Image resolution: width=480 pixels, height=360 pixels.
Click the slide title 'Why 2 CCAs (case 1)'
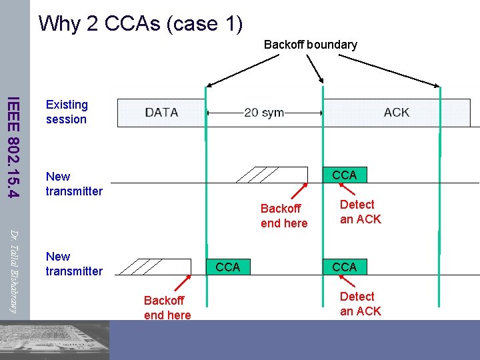tap(140, 23)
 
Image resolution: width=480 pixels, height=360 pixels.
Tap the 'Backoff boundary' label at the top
tap(310, 45)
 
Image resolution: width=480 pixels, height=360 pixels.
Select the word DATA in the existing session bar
tap(161, 112)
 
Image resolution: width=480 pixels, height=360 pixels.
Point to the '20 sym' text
tap(264, 113)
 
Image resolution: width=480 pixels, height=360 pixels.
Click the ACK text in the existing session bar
tap(396, 112)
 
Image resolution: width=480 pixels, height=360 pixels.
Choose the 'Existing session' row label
tap(67, 112)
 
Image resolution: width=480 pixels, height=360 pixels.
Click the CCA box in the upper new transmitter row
tap(345, 175)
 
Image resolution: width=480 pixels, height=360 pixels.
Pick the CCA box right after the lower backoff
tap(228, 267)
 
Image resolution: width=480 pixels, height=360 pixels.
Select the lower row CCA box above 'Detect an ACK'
tap(345, 267)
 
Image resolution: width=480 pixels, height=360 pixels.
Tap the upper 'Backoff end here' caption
tap(284, 216)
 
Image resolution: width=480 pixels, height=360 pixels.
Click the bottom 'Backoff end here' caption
tap(167, 308)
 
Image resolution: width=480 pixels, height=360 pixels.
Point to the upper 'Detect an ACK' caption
tap(360, 211)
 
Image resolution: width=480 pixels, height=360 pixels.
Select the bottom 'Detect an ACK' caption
tap(360, 303)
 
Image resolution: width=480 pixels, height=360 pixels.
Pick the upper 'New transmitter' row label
tap(74, 184)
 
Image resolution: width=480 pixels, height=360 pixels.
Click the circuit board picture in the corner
tap(53, 340)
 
